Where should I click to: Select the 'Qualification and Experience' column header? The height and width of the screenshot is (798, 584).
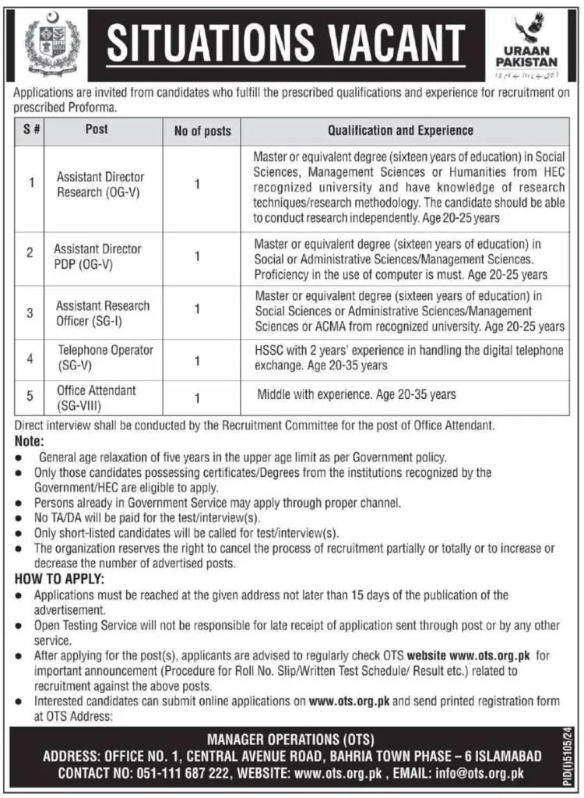click(399, 131)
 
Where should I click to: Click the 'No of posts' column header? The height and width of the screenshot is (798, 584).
click(202, 131)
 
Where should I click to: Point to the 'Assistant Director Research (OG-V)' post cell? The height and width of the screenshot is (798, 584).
click(100, 185)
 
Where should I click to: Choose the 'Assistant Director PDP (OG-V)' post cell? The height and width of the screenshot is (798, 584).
click(97, 256)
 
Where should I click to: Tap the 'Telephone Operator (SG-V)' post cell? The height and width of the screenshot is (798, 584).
click(104, 357)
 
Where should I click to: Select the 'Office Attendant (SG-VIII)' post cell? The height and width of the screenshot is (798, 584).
click(96, 396)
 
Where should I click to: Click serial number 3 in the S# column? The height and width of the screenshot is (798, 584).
click(30, 312)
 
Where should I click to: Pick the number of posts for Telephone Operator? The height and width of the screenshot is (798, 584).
click(197, 361)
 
